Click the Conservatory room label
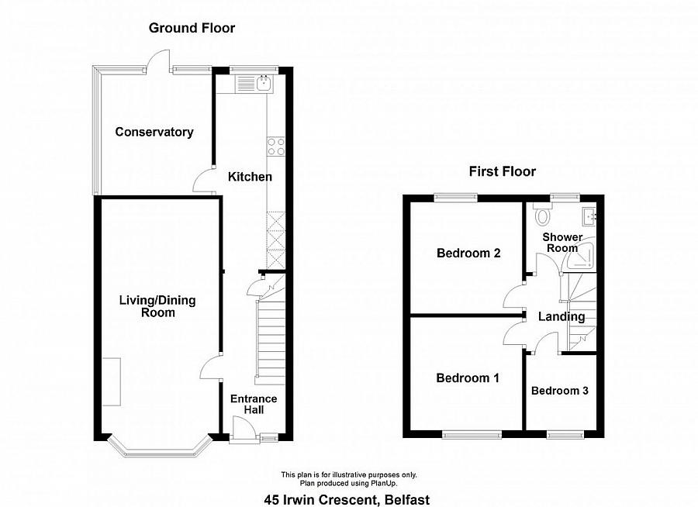click(x=154, y=132)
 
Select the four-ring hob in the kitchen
click(x=276, y=147)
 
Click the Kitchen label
click(x=250, y=177)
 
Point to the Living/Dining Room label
click(x=157, y=306)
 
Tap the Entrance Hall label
click(x=253, y=404)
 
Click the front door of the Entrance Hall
click(x=242, y=428)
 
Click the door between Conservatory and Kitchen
click(x=205, y=179)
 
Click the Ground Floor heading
click(x=192, y=28)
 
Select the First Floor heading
click(x=502, y=171)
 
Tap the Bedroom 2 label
click(x=468, y=253)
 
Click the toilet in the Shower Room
click(x=542, y=214)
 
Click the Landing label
click(x=562, y=316)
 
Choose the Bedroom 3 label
click(x=559, y=391)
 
